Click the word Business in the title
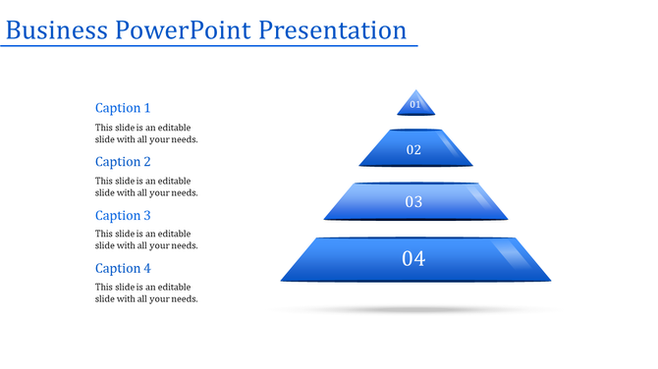click(x=56, y=30)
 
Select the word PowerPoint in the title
click(x=184, y=30)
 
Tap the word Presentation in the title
click(x=333, y=30)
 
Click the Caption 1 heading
click(x=123, y=108)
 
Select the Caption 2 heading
click(x=123, y=162)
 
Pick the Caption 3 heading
click(x=123, y=215)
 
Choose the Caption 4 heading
click(x=123, y=268)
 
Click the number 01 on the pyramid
click(x=415, y=105)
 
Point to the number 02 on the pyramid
click(x=413, y=150)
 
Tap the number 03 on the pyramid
click(x=413, y=202)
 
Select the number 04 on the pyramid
click(x=413, y=259)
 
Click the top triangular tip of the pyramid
click(x=415, y=95)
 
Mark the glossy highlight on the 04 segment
click(x=513, y=257)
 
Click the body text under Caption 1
click(x=146, y=133)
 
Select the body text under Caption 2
click(x=146, y=186)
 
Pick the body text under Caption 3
click(x=146, y=239)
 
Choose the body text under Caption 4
click(x=146, y=292)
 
